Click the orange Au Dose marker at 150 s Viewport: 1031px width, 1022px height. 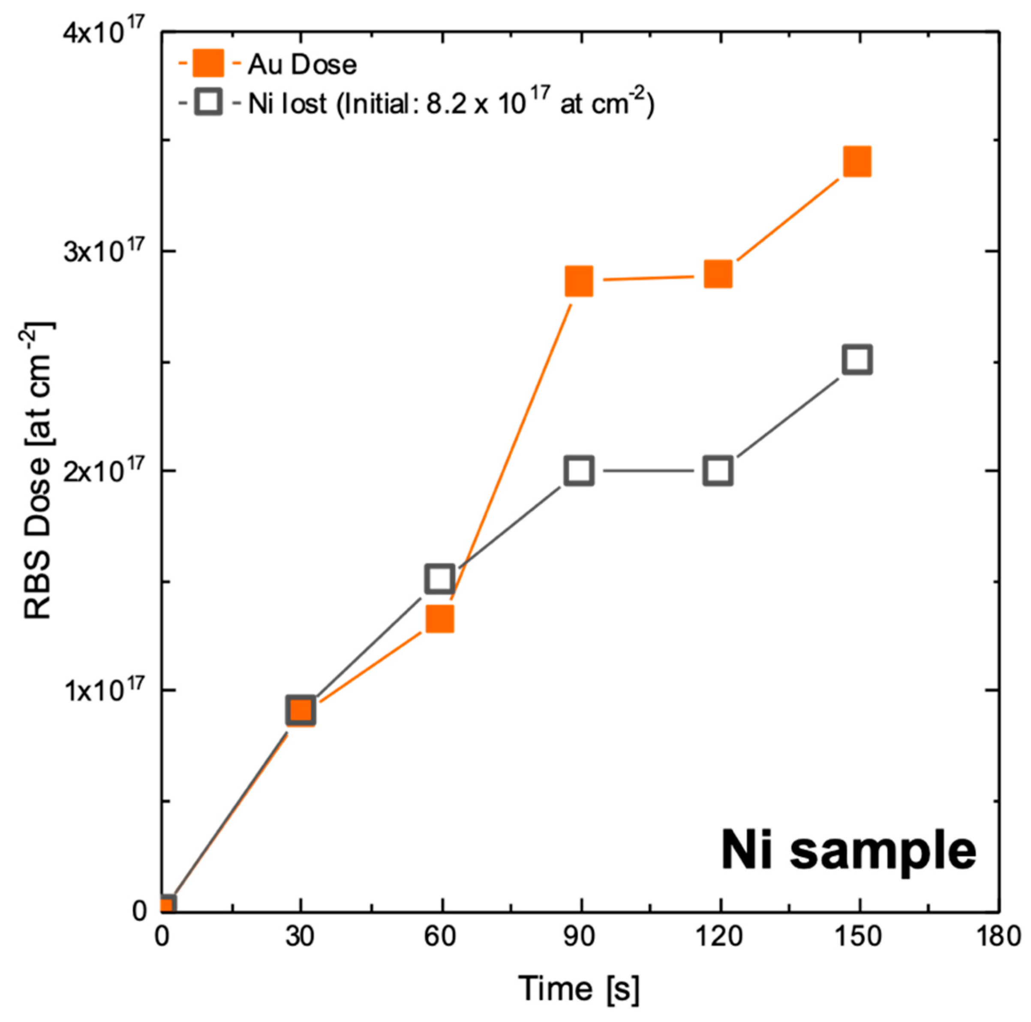coord(857,162)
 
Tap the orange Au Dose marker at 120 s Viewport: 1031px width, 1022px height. coord(718,275)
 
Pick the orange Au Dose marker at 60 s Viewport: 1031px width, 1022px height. coord(440,619)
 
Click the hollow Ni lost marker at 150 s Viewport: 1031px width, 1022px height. coord(857,359)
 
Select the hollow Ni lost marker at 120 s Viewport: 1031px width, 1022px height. coord(718,471)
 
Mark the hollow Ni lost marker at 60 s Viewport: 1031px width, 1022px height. coord(440,578)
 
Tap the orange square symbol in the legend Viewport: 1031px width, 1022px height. coord(208,64)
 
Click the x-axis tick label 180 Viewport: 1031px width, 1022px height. coord(998,938)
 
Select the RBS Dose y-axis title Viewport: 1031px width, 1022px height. coord(39,470)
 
